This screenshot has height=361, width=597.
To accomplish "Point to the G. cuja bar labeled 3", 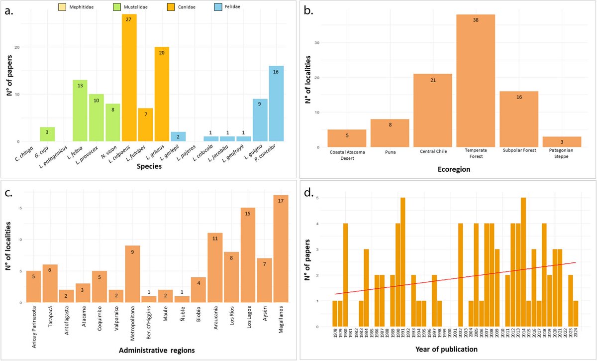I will click(48, 134).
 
